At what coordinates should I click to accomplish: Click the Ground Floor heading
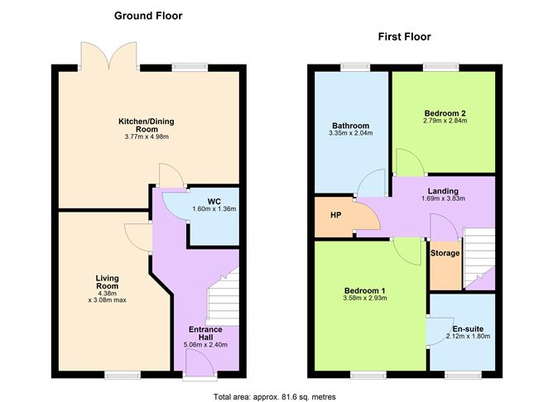pyautogui.click(x=148, y=16)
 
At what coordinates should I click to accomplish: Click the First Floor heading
pyautogui.click(x=405, y=36)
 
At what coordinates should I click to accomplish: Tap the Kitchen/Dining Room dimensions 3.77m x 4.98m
pyautogui.click(x=147, y=136)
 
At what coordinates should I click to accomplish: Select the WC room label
pyautogui.click(x=214, y=202)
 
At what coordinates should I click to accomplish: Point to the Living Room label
pyautogui.click(x=108, y=282)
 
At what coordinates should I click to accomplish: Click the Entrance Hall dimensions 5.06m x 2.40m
pyautogui.click(x=205, y=345)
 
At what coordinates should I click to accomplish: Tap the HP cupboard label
pyautogui.click(x=336, y=214)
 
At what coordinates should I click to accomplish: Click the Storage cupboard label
pyautogui.click(x=445, y=253)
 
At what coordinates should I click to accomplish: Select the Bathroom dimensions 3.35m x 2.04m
pyautogui.click(x=350, y=133)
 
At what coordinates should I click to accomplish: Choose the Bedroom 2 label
pyautogui.click(x=445, y=113)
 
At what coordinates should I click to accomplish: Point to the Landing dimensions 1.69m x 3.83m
pyautogui.click(x=443, y=199)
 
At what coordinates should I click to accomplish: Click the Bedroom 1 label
pyautogui.click(x=365, y=290)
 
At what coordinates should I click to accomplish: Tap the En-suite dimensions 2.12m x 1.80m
pyautogui.click(x=468, y=336)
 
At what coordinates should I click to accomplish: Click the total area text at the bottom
pyautogui.click(x=275, y=397)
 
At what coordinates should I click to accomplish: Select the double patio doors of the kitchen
pyautogui.click(x=109, y=55)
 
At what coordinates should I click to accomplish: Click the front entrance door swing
pyautogui.click(x=200, y=363)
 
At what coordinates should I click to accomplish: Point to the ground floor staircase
pyautogui.click(x=223, y=297)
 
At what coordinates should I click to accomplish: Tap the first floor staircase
pyautogui.click(x=479, y=258)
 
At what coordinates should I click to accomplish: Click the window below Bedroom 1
pyautogui.click(x=368, y=376)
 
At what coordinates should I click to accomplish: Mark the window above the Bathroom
pyautogui.click(x=355, y=67)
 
